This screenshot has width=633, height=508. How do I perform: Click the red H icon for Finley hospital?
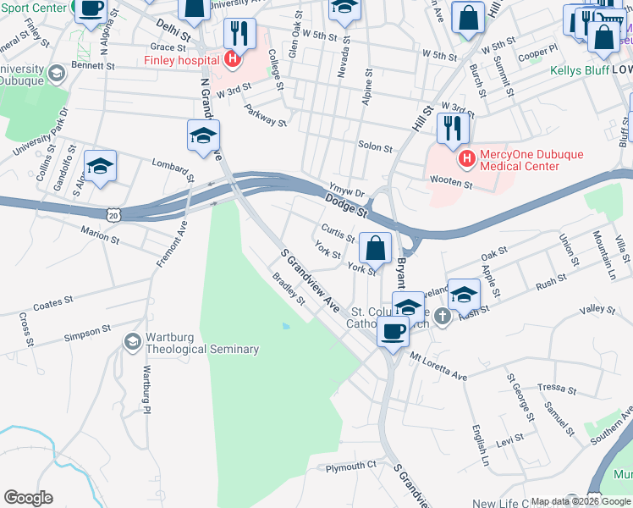[230, 59]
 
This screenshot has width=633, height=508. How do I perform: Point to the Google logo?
[28, 498]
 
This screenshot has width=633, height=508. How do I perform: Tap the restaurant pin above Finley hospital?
[239, 34]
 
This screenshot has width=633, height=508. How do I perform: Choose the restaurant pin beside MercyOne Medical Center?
[453, 129]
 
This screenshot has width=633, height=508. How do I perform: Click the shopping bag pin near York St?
[375, 249]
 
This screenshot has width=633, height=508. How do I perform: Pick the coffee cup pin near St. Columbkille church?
[393, 330]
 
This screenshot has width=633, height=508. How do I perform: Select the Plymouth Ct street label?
[350, 467]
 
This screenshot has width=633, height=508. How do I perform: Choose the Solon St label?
[375, 147]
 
